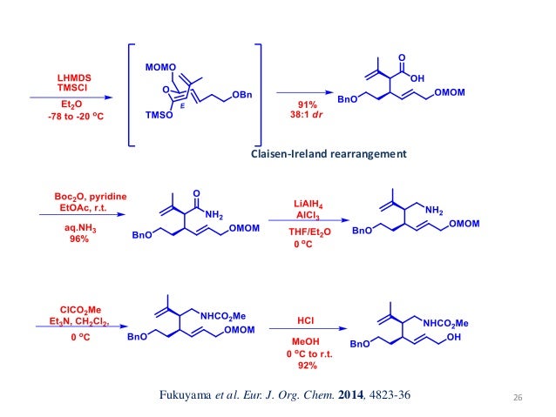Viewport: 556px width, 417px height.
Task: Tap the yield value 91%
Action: tap(299, 103)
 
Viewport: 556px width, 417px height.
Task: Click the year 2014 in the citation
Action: tap(334, 396)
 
